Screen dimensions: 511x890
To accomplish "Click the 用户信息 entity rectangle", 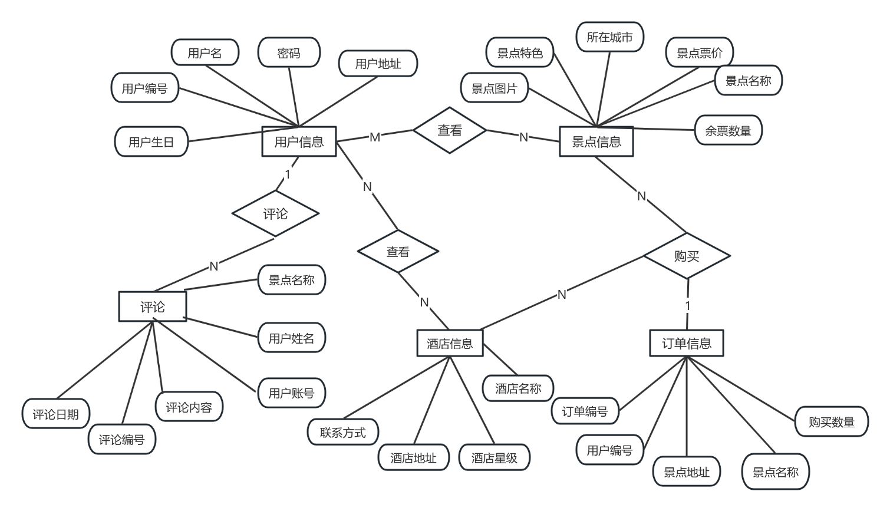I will point(299,141).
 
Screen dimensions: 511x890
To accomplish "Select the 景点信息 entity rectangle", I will point(596,141).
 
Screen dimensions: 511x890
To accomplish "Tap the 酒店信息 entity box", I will point(450,343).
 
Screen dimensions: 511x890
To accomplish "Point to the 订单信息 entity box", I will point(686,343).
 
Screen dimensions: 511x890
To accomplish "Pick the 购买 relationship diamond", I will point(687,256).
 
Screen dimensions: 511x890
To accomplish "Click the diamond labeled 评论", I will point(275,213).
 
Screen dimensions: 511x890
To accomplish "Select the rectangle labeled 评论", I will point(153,306).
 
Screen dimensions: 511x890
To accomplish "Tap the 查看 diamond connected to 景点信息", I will point(450,130).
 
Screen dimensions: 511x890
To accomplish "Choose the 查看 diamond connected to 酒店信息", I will point(398,252).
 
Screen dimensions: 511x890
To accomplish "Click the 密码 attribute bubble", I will point(289,53).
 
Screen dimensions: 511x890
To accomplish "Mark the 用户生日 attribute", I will point(151,141).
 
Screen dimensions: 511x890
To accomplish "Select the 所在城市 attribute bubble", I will point(609,37).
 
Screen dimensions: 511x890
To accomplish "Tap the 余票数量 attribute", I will point(728,130).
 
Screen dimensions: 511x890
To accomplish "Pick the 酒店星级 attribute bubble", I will point(494,457).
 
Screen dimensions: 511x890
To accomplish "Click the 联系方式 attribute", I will point(343,433).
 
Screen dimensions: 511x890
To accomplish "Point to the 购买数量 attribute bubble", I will point(831,421).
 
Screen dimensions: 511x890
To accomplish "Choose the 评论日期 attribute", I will point(55,414).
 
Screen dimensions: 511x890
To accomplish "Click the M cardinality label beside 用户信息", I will point(375,137).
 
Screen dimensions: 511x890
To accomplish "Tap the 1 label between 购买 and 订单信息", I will point(687,305).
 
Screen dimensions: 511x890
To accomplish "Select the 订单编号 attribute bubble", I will point(585,411).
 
